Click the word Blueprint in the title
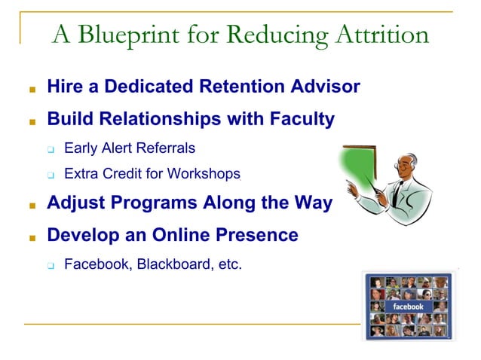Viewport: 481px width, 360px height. click(x=128, y=35)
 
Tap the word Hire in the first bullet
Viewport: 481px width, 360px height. click(x=64, y=87)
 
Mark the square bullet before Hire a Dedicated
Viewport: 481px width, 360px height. click(x=32, y=88)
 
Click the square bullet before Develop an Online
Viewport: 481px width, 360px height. click(x=32, y=236)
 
